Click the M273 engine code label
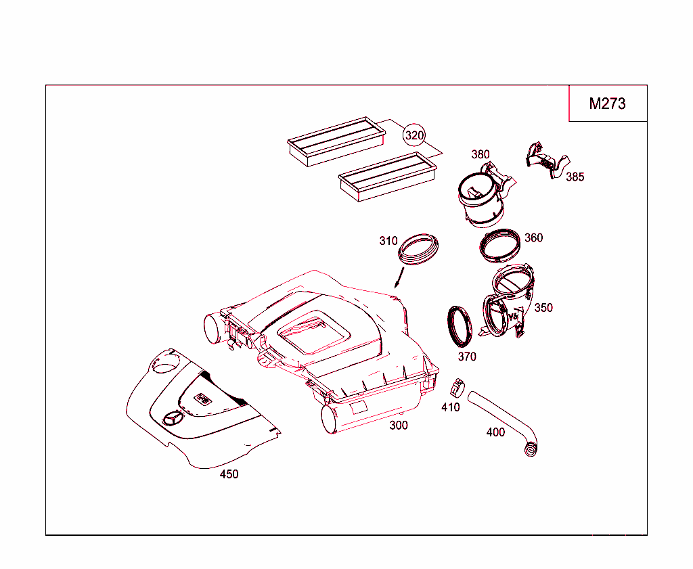coord(607,104)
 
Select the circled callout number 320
coord(414,135)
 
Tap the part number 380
coord(480,154)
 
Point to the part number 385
coord(575,177)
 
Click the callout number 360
coord(533,238)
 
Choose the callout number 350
coord(543,308)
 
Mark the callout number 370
coord(467,357)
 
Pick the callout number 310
coord(388,241)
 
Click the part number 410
coord(450,407)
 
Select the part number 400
coord(495,432)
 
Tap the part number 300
coord(399,426)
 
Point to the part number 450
coord(229,474)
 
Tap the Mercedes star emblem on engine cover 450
coord(173,418)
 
